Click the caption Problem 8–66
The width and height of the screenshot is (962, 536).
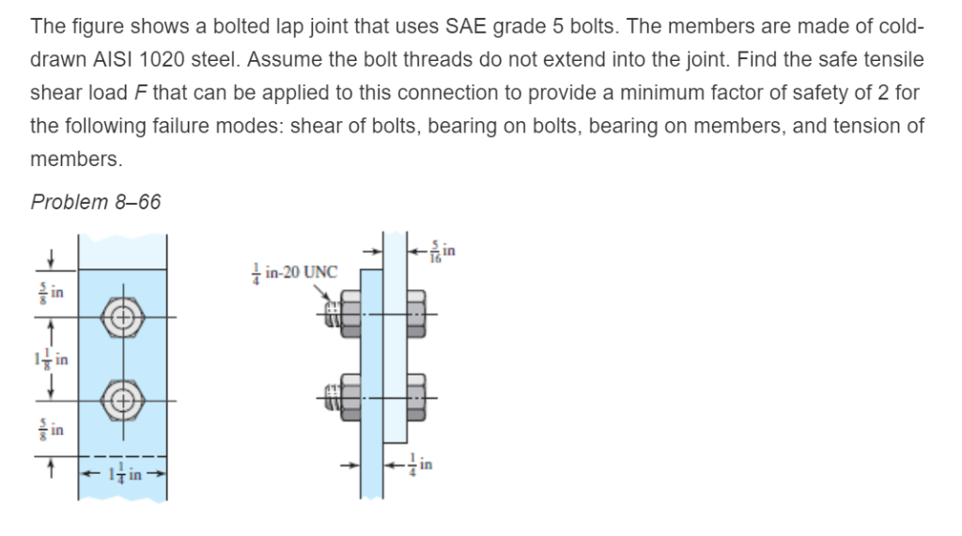click(96, 202)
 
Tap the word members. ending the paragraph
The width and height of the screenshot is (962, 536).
click(76, 160)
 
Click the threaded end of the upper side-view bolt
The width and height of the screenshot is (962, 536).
click(331, 315)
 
